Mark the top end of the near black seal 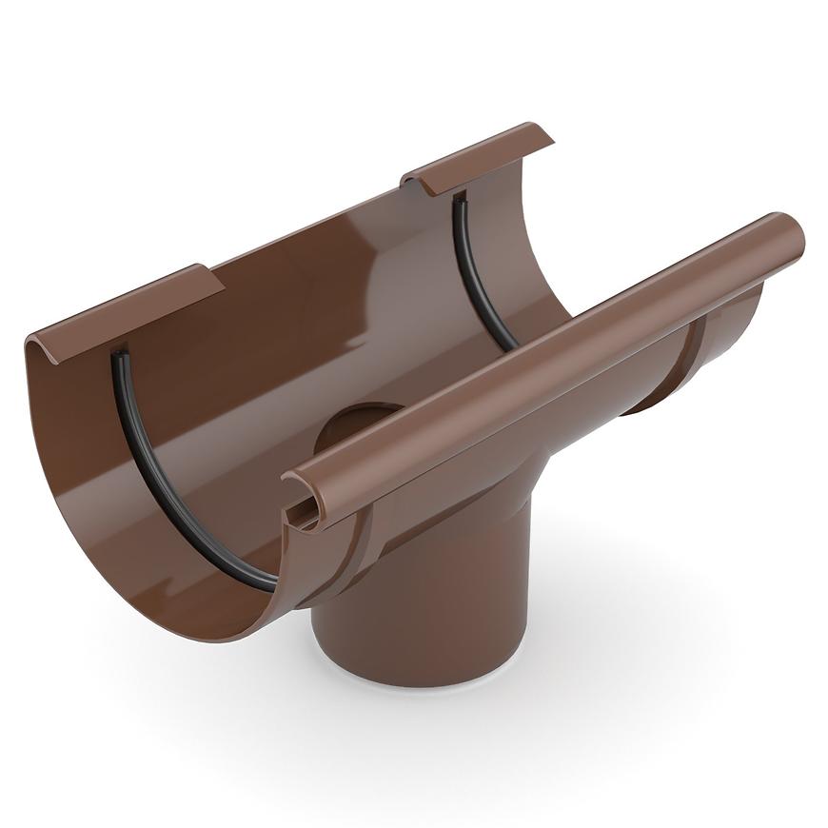tap(118, 357)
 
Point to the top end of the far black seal tap(460, 200)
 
